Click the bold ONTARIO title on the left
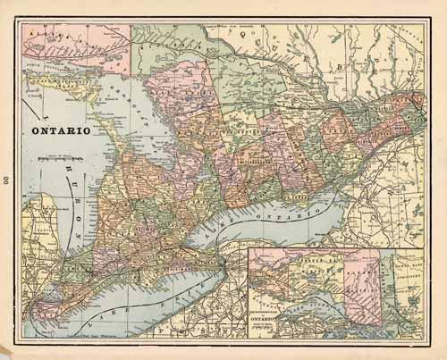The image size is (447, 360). (x=61, y=130)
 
